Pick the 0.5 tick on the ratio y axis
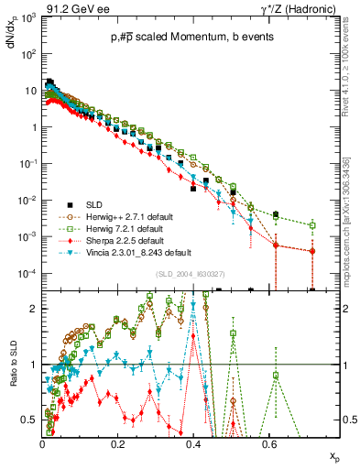click(31, 420)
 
